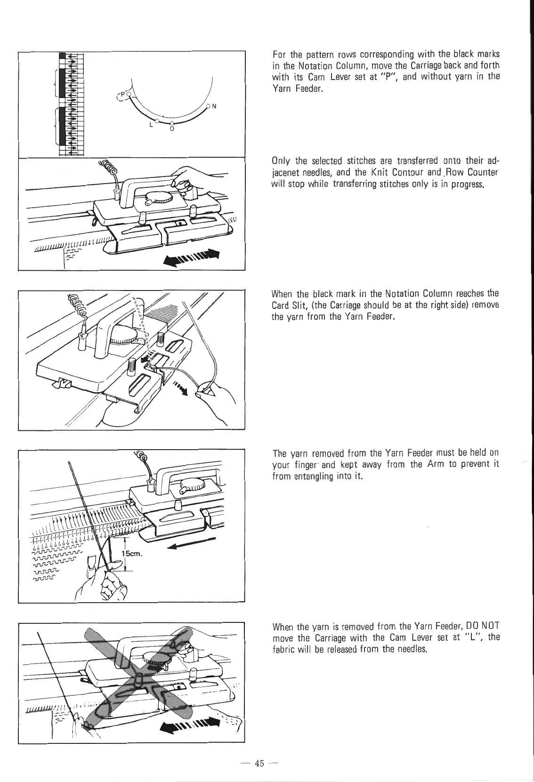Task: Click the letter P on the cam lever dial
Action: coord(121,95)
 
